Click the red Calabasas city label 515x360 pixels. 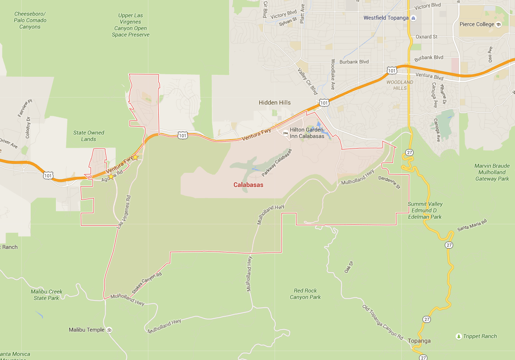point(248,185)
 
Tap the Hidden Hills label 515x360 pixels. point(275,103)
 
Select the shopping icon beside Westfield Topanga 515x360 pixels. point(414,18)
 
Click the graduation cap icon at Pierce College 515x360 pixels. point(499,24)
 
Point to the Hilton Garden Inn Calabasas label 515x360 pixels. point(307,133)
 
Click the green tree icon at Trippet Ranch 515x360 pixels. point(459,336)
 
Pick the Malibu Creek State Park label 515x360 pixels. point(47,295)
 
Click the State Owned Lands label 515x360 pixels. point(89,136)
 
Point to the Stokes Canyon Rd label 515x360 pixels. point(147,282)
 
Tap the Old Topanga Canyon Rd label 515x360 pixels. point(383,321)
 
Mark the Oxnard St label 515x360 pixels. point(426,37)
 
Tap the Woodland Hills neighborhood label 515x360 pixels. point(399,85)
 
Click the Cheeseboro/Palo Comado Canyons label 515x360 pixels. point(31,20)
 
